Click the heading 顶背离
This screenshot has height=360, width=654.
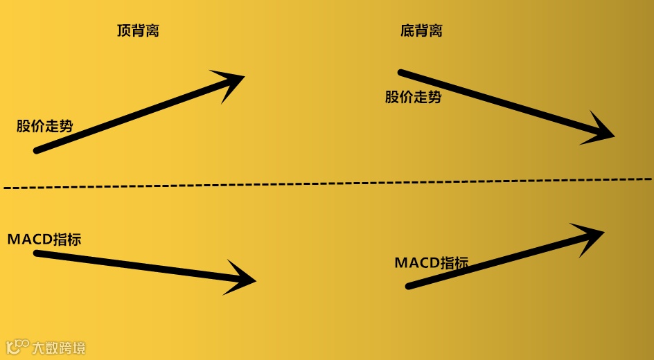point(138,30)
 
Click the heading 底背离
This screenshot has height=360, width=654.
point(421,30)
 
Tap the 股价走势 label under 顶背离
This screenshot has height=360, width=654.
point(44,126)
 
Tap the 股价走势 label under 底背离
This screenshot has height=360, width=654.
point(413,97)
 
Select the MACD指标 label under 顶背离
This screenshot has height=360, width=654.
point(44,240)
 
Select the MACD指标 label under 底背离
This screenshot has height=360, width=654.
point(431,263)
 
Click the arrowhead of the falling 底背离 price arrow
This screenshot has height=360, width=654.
point(601,132)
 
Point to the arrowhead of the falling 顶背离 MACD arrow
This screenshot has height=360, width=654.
point(245,279)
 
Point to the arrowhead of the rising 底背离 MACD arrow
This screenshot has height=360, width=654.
point(592,235)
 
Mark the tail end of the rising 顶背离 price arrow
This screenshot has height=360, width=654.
point(37,150)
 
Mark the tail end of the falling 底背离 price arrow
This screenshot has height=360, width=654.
point(401,72)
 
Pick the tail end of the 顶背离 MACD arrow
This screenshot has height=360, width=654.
point(37,253)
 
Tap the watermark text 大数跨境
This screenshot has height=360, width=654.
point(59,347)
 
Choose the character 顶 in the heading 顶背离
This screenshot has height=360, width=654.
point(124,30)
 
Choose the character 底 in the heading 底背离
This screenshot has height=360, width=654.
point(407,30)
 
